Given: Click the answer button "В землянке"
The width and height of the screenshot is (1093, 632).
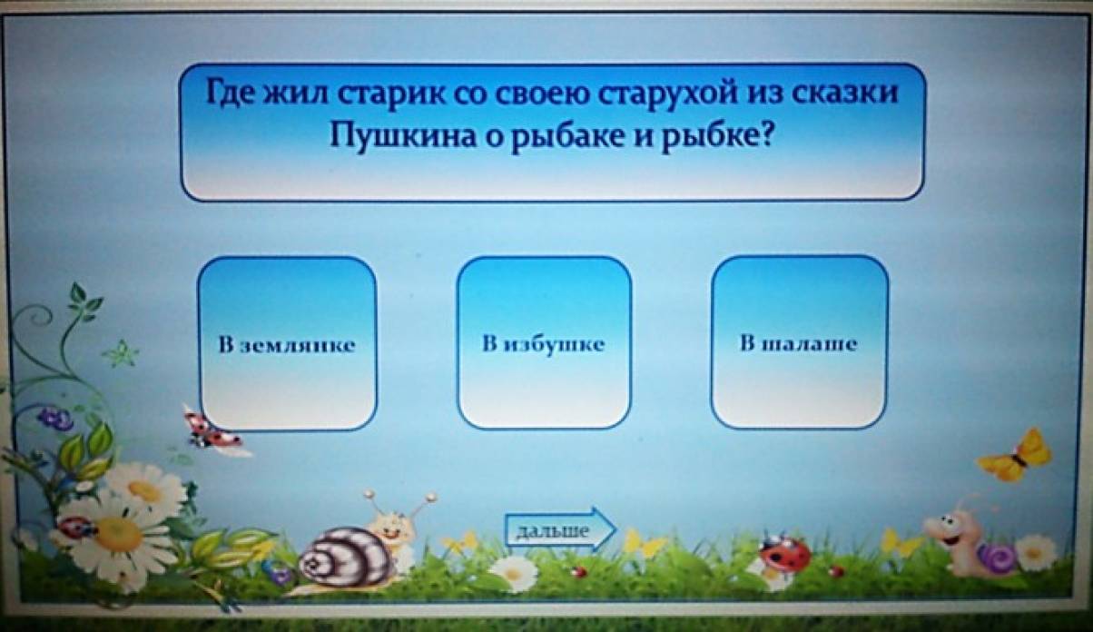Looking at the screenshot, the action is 287,344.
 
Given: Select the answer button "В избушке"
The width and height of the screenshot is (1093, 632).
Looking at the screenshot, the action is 544,343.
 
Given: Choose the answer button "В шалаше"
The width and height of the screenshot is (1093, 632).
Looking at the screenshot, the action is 799,342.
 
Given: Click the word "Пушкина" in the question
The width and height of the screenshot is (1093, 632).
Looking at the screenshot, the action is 402,135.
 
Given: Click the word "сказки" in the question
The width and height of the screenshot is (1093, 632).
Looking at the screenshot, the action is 844,92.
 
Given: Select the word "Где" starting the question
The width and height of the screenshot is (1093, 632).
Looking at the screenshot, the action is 231,93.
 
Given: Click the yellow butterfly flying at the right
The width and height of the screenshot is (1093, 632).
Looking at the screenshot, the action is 1016,455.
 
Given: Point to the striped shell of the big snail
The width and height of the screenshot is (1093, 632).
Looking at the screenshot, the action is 347,558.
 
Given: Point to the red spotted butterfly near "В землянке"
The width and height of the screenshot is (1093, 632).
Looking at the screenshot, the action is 211,430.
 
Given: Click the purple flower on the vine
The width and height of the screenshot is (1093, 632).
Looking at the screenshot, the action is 55,419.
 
